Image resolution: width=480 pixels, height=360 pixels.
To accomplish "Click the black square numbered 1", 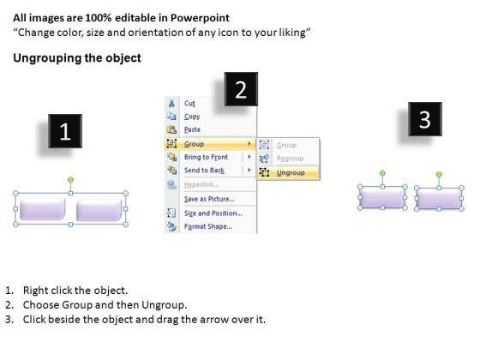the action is (x=65, y=131).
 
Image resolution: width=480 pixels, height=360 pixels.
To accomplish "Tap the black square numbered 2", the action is (x=241, y=89).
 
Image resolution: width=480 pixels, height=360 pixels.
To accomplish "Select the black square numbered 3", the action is (x=425, y=119).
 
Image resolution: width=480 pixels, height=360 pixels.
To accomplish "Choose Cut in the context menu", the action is (x=189, y=103).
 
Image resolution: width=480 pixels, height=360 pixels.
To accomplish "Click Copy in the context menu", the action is (x=192, y=117).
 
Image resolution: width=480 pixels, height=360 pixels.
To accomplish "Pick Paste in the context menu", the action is (x=192, y=129).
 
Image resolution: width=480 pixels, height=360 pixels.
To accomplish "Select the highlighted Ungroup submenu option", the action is (x=291, y=172).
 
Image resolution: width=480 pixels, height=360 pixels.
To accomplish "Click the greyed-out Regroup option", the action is (x=290, y=159).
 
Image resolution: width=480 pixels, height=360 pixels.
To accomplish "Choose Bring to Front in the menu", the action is (x=206, y=157).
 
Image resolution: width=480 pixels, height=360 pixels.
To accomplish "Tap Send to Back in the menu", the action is (x=204, y=171).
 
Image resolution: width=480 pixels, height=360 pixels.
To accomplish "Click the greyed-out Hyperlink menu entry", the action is (x=201, y=184).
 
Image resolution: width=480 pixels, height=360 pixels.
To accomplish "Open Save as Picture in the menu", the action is (x=209, y=199).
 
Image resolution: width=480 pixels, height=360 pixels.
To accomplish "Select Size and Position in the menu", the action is (x=213, y=213).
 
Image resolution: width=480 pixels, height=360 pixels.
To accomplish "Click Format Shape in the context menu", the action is (x=207, y=226).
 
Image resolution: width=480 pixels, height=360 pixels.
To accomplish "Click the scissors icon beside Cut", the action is (x=171, y=103).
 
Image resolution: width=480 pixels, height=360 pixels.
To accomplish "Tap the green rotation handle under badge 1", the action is (x=70, y=179).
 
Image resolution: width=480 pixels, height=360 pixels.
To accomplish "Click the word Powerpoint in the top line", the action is (x=200, y=18).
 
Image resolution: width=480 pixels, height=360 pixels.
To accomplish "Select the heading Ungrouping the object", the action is (x=77, y=58).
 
